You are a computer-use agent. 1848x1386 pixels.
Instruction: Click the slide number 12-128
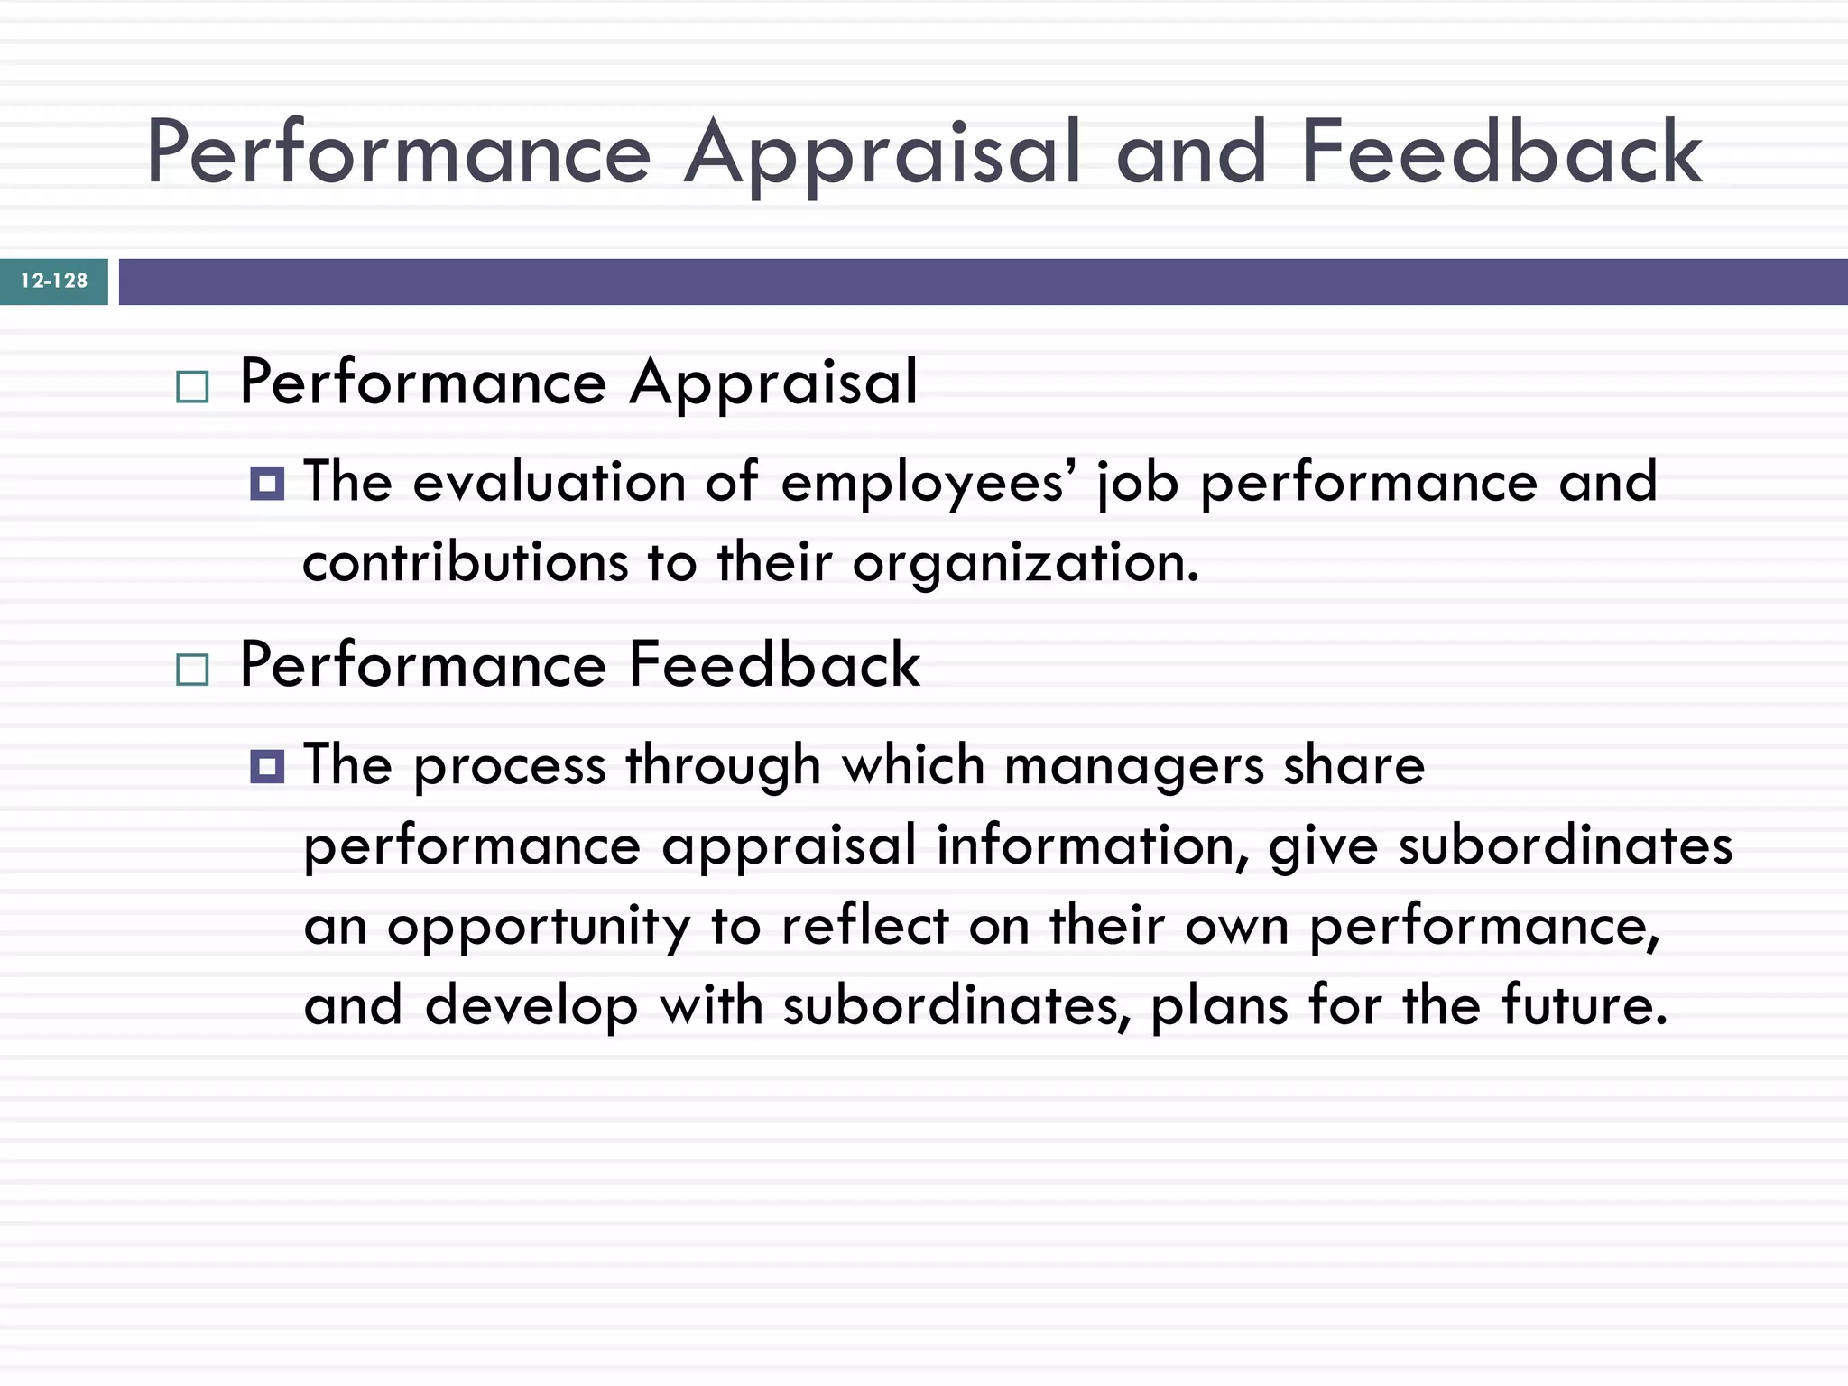point(54,281)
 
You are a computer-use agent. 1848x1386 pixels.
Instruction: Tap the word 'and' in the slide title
point(1191,152)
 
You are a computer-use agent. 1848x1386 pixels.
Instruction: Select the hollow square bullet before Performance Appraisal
point(192,387)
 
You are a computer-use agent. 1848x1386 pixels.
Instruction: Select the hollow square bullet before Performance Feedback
point(192,670)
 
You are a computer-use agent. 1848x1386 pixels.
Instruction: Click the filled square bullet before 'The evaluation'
point(267,484)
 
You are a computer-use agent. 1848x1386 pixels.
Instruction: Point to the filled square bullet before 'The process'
point(267,766)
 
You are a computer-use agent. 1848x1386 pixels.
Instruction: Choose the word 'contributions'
point(465,563)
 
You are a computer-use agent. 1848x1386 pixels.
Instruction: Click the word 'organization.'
point(1026,565)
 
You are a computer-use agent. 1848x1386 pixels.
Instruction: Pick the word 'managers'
point(1133,767)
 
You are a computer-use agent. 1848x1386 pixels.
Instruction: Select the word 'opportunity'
point(539,928)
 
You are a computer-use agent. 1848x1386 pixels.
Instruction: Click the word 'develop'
point(531,1007)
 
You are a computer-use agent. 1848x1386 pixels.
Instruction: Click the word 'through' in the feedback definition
point(723,767)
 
